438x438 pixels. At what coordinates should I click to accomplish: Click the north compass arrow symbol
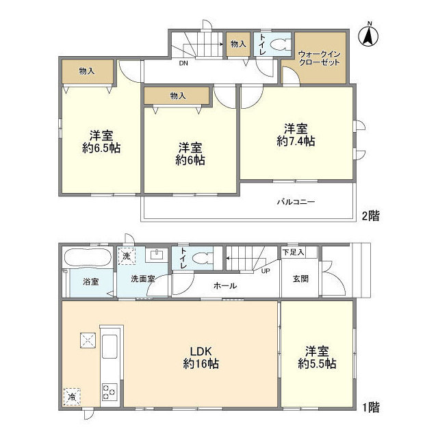pyautogui.click(x=368, y=35)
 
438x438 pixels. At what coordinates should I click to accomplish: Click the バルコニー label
pyautogui.click(x=296, y=203)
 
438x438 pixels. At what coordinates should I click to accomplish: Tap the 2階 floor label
pyautogui.click(x=370, y=215)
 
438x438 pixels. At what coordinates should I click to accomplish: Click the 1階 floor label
pyautogui.click(x=370, y=407)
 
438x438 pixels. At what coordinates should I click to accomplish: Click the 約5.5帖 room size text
pyautogui.click(x=317, y=365)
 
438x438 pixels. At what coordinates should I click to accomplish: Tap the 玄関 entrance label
pyautogui.click(x=302, y=278)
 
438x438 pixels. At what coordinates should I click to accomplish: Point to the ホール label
pyautogui.click(x=225, y=285)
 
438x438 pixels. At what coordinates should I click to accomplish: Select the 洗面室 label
pyautogui.click(x=144, y=279)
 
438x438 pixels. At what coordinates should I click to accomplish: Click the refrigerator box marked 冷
pyautogui.click(x=72, y=395)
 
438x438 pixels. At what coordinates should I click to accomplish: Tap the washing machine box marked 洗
pyautogui.click(x=126, y=256)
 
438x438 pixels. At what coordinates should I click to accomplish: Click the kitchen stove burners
pyautogui.click(x=109, y=392)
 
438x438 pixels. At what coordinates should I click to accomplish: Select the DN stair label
pyautogui.click(x=183, y=64)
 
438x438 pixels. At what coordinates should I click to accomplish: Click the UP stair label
pyautogui.click(x=265, y=270)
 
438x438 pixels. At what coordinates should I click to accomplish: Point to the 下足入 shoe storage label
pyautogui.click(x=293, y=253)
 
